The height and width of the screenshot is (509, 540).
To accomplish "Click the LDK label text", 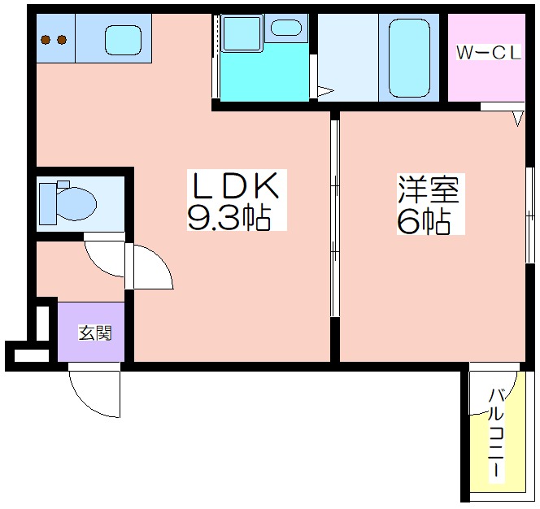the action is pyautogui.click(x=236, y=186).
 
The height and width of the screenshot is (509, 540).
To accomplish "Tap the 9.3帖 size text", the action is pyautogui.click(x=229, y=218).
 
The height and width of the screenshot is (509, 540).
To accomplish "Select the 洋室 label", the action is pyautogui.click(x=429, y=189).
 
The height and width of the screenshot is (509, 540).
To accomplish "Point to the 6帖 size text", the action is pyautogui.click(x=424, y=220).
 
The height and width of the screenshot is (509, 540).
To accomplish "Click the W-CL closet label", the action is pyautogui.click(x=489, y=53).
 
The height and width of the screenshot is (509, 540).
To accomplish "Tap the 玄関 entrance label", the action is pyautogui.click(x=95, y=333).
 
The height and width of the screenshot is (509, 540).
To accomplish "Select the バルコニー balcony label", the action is pyautogui.click(x=496, y=433).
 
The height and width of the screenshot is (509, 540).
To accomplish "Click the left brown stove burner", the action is pyautogui.click(x=46, y=40).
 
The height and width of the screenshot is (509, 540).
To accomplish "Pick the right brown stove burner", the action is pyautogui.click(x=62, y=40).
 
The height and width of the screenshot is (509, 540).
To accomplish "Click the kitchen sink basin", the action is pyautogui.click(x=124, y=40).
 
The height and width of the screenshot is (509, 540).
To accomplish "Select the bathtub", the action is pyautogui.click(x=410, y=58).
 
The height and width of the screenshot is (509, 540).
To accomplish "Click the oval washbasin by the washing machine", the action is pyautogui.click(x=285, y=28).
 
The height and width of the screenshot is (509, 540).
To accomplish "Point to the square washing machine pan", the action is pyautogui.click(x=242, y=33).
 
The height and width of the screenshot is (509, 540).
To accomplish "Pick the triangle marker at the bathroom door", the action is pyautogui.click(x=325, y=91).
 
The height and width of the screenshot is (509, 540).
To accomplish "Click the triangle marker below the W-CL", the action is pyautogui.click(x=517, y=119).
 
